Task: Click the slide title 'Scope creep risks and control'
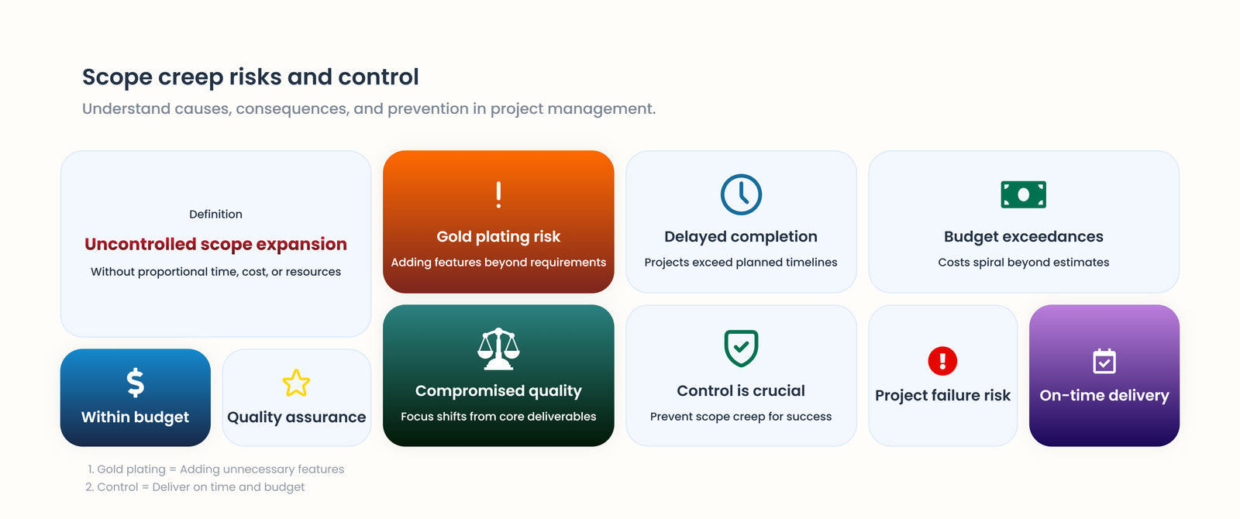250,77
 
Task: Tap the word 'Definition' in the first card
215,215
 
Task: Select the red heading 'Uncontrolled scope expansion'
215,244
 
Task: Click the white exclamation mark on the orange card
498,194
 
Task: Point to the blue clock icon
741,194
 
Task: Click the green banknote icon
1023,194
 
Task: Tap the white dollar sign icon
136,383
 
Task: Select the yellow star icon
296,383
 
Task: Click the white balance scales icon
498,349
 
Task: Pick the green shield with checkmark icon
741,349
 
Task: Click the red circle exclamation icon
942,361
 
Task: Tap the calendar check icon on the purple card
1104,361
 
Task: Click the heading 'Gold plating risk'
498,237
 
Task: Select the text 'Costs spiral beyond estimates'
1023,263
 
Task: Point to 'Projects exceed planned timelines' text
741,263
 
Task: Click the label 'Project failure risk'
942,396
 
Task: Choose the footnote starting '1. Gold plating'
215,469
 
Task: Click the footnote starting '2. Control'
195,487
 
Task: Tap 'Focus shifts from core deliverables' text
498,417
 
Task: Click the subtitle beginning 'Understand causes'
369,109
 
